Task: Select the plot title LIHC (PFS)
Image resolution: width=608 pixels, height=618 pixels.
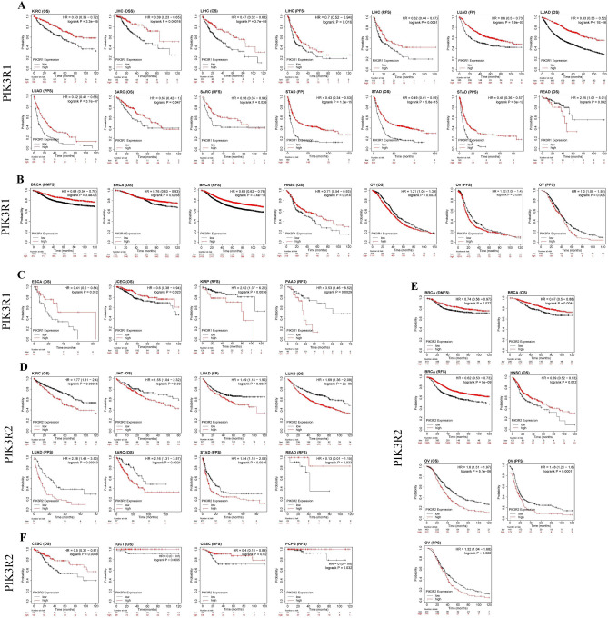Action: coord(287,9)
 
